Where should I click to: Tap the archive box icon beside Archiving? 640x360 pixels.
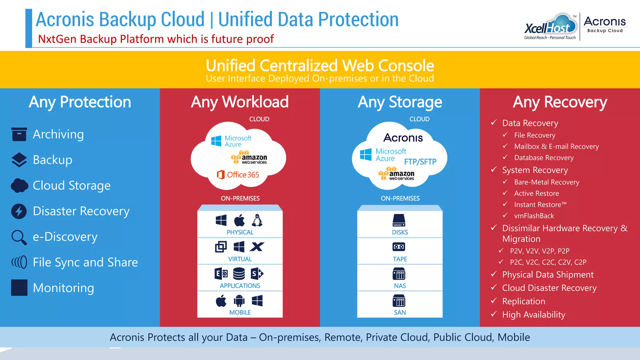tap(19, 134)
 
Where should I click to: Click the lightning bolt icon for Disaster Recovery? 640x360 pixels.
tap(19, 211)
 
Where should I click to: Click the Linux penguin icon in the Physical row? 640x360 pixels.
tap(257, 220)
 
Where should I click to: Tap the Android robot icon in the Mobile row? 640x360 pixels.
tap(239, 301)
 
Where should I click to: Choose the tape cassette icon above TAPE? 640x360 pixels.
tap(399, 247)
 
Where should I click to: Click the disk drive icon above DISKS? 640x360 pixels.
tap(399, 220)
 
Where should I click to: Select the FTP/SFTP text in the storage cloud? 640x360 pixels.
tap(420, 162)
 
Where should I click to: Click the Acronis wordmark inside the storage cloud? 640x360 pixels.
tap(403, 138)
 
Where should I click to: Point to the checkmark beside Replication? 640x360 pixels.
tap(494, 301)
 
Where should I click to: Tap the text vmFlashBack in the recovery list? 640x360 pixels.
tap(534, 216)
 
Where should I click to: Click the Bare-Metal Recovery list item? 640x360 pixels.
tap(547, 182)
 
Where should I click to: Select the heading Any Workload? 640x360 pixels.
tap(240, 102)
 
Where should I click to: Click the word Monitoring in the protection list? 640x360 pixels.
tap(63, 288)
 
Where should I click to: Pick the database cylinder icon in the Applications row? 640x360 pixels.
tap(239, 274)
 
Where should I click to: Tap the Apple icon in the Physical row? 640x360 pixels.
tap(239, 220)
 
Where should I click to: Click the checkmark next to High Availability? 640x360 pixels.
tap(494, 314)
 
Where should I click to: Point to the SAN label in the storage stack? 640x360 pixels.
tap(400, 312)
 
